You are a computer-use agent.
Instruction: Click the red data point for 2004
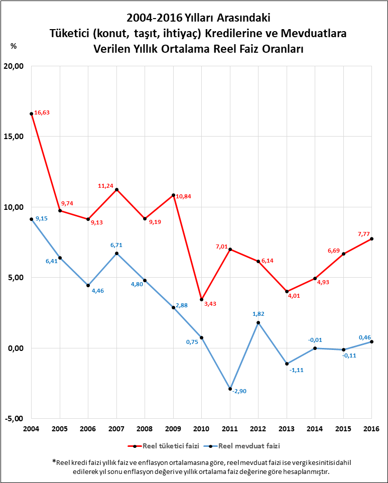31,113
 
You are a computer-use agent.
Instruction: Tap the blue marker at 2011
230,389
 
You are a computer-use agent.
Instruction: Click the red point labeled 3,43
201,299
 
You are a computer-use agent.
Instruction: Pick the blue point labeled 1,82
258,322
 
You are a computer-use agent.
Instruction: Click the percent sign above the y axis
14,46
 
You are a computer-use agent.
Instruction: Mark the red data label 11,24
106,186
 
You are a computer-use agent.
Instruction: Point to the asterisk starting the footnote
54,462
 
